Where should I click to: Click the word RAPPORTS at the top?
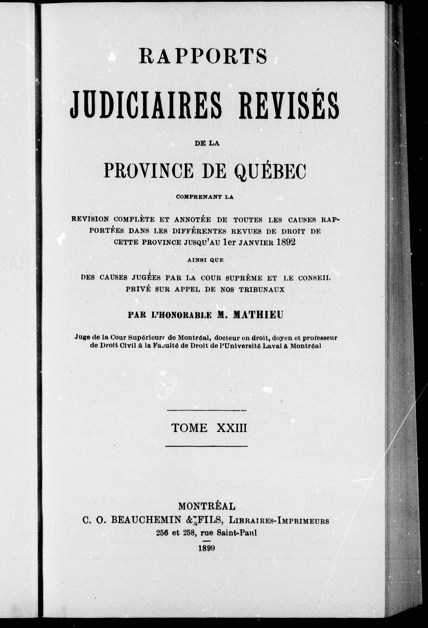[203, 56]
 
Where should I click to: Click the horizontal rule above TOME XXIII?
[207, 411]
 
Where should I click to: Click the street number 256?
[162, 533]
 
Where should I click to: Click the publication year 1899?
[206, 548]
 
